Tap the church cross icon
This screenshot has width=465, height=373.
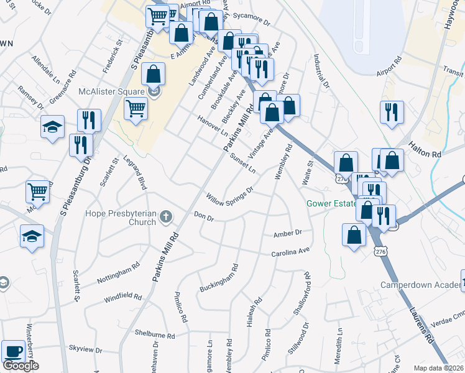[165, 217]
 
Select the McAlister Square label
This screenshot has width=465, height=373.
[112, 92]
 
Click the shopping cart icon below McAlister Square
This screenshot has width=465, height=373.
[136, 109]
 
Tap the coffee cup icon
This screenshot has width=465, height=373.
[13, 351]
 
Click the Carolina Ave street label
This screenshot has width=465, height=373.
[290, 252]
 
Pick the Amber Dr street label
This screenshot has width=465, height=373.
[287, 234]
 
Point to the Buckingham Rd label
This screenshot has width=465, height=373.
[219, 280]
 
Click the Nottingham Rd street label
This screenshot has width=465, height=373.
[118, 277]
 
